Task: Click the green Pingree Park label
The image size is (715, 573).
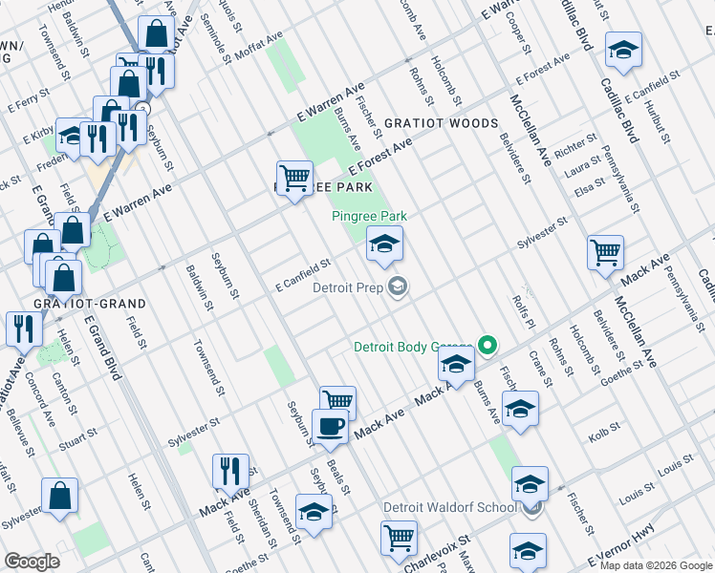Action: pos(369,217)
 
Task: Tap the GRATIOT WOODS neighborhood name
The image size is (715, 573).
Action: pos(441,124)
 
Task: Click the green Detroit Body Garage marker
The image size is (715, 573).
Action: pos(487,346)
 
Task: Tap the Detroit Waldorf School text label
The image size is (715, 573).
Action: pos(449,507)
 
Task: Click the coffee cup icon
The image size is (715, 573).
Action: pos(332,427)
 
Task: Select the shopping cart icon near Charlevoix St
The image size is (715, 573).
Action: pos(399,536)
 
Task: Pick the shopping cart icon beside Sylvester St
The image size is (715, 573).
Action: pos(605,253)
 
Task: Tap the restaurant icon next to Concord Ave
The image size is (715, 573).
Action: pos(23,328)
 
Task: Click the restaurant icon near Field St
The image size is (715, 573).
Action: pos(230,470)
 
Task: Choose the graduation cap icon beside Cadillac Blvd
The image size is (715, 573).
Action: pos(623,50)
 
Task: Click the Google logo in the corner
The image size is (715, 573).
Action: pos(32,562)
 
